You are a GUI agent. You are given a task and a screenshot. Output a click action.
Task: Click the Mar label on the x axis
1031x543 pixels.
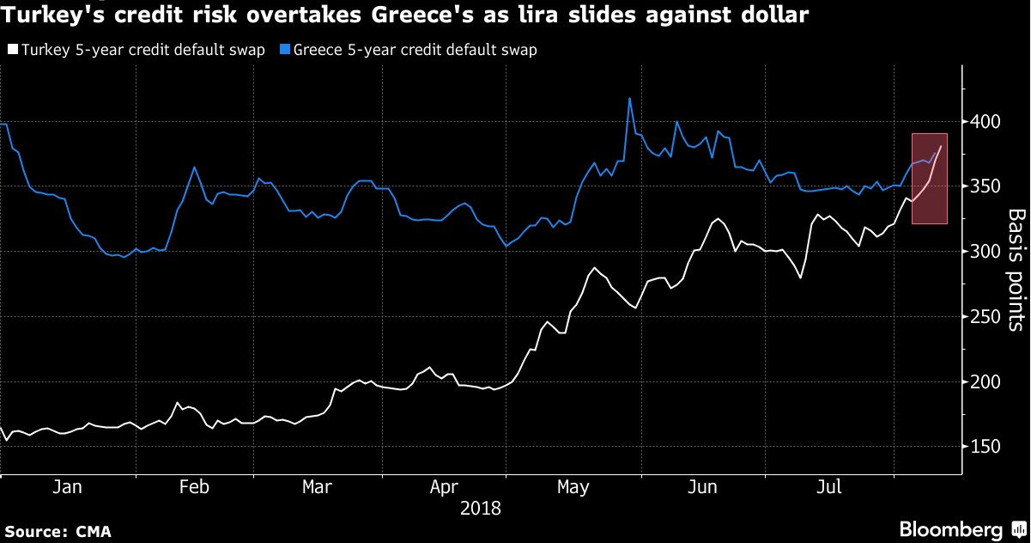point(318,487)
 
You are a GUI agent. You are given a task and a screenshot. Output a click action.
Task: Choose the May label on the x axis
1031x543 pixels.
point(573,487)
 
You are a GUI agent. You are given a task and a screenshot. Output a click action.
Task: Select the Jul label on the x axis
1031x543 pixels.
point(828,487)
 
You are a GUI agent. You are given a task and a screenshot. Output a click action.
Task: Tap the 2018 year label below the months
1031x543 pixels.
point(481,508)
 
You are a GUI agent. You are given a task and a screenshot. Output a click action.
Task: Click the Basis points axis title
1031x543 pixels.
point(1016,269)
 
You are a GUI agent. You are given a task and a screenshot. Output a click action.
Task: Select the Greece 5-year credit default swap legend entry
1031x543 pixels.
point(415,50)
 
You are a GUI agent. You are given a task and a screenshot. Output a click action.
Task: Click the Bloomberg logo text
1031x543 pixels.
point(949,529)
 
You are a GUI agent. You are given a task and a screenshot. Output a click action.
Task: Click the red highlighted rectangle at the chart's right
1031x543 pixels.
point(930,179)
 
